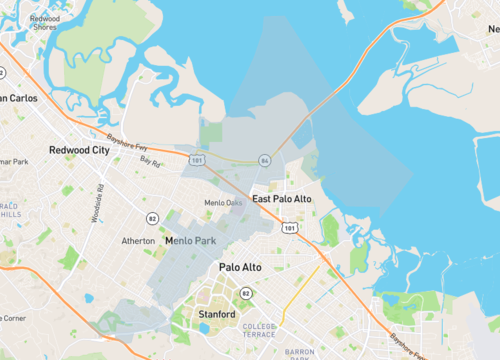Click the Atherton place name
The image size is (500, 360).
138,241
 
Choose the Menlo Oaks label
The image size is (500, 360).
223,203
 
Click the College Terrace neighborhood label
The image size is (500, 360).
259,331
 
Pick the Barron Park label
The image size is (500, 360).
299,354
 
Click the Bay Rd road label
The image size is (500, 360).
150,161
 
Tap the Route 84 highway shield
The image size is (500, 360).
264,160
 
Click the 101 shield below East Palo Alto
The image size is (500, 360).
289,228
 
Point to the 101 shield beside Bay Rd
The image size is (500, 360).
196,158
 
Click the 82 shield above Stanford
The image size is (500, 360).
245,293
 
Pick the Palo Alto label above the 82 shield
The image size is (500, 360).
240,268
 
